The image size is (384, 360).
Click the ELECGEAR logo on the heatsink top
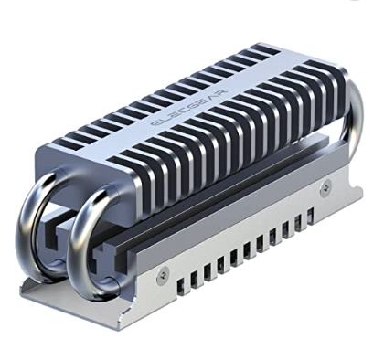coord(189,108)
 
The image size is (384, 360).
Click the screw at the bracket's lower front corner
coord(165,272)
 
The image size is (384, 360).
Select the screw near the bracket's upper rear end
coord(326,185)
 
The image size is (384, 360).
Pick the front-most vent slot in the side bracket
coord(181,287)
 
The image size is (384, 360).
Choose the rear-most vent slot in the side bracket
coord(310,217)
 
